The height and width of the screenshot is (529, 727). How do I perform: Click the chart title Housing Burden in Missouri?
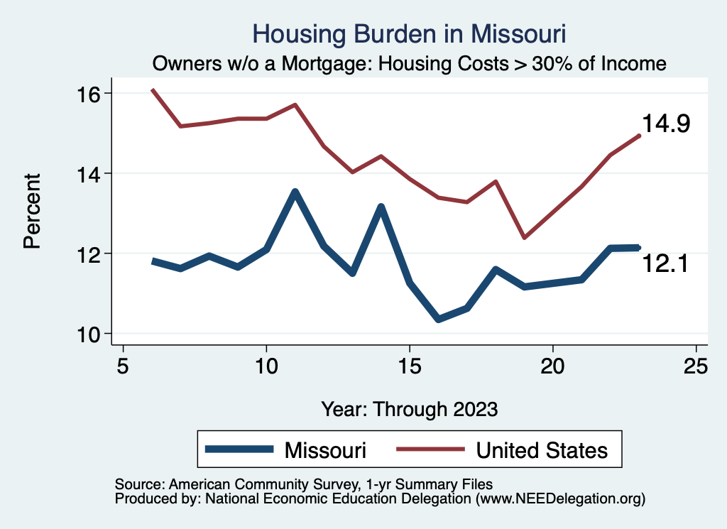[409, 34]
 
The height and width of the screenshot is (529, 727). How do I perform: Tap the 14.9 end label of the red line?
[667, 124]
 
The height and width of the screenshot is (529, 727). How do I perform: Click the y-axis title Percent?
[32, 213]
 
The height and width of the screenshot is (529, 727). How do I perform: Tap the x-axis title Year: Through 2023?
[410, 409]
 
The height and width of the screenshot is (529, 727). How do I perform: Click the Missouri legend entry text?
[325, 450]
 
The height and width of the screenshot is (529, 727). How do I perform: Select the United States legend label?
[542, 450]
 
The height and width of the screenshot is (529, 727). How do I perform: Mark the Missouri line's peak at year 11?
[295, 192]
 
